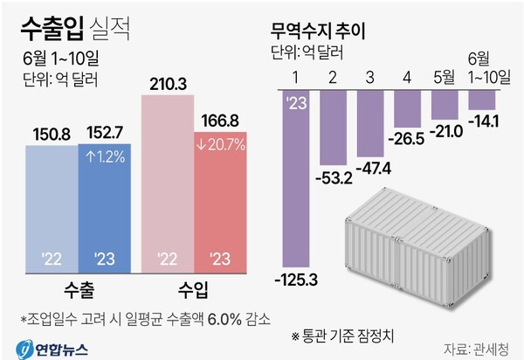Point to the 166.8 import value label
(x=222, y=119)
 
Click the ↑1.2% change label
(x=105, y=160)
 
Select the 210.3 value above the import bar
(x=167, y=85)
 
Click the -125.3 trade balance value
(x=296, y=279)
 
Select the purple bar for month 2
(x=334, y=127)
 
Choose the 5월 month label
(x=446, y=77)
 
